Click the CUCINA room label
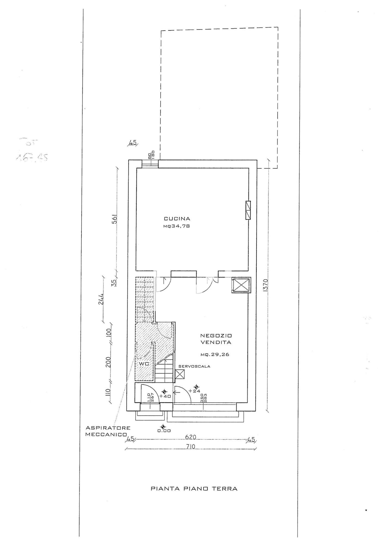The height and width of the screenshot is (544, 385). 177,218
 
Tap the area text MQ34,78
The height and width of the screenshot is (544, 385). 176,226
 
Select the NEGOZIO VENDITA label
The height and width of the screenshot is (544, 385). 216,339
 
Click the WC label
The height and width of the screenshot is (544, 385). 144,364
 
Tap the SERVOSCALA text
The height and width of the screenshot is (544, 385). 194,366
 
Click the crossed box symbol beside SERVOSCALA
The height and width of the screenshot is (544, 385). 180,375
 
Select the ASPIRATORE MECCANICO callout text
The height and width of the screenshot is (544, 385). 108,431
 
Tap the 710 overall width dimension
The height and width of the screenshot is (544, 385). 191,447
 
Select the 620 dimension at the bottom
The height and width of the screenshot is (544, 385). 191,437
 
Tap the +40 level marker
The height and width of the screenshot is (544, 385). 165,396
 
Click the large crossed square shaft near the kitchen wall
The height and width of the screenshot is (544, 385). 241,285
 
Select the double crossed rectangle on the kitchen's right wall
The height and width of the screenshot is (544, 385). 248,210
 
